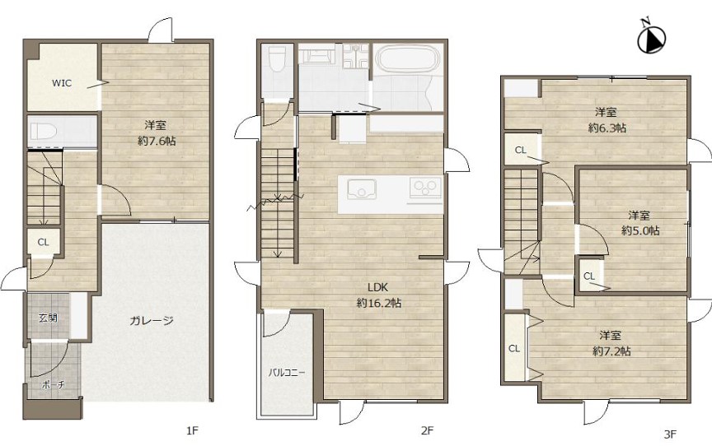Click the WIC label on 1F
click(61, 83)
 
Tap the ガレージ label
click(152, 321)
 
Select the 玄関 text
click(48, 318)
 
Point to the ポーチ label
click(53, 385)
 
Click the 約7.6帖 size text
click(157, 141)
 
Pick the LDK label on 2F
click(377, 287)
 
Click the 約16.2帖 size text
click(379, 303)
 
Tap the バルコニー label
click(287, 373)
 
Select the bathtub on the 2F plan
click(407, 59)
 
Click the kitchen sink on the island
click(362, 188)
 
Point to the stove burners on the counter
click(425, 187)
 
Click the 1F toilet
click(44, 132)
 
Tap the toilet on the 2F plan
click(277, 59)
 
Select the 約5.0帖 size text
click(640, 230)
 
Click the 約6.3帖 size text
click(607, 128)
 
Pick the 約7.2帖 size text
click(611, 351)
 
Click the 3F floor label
click(670, 434)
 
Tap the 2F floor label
click(427, 430)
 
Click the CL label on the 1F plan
click(43, 243)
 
